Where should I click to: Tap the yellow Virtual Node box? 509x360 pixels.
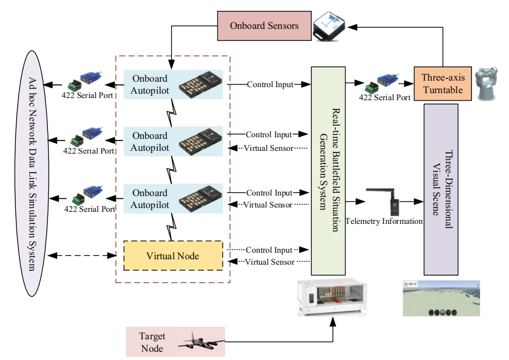pos(173,255)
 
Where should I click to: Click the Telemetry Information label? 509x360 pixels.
pos(384,221)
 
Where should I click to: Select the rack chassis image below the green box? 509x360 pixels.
pos(334,297)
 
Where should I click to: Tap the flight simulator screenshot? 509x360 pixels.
pos(441,298)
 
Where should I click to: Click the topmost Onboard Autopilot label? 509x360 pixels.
pos(150,84)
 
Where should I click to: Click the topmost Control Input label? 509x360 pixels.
pos(269,84)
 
